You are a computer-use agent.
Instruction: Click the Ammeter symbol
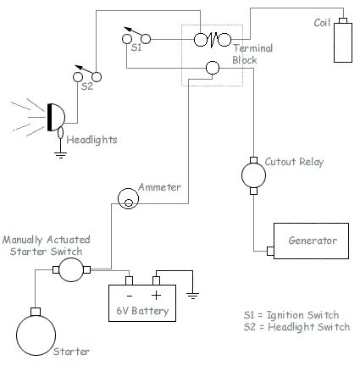127,198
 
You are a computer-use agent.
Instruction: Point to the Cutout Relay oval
253,175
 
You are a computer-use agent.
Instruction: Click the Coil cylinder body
343,42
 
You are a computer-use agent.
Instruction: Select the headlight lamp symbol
56,117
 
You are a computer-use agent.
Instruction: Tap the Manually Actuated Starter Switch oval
71,270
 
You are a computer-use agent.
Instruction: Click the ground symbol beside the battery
194,297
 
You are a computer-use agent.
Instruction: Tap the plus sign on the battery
158,292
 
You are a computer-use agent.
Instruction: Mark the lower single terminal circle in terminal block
213,68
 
